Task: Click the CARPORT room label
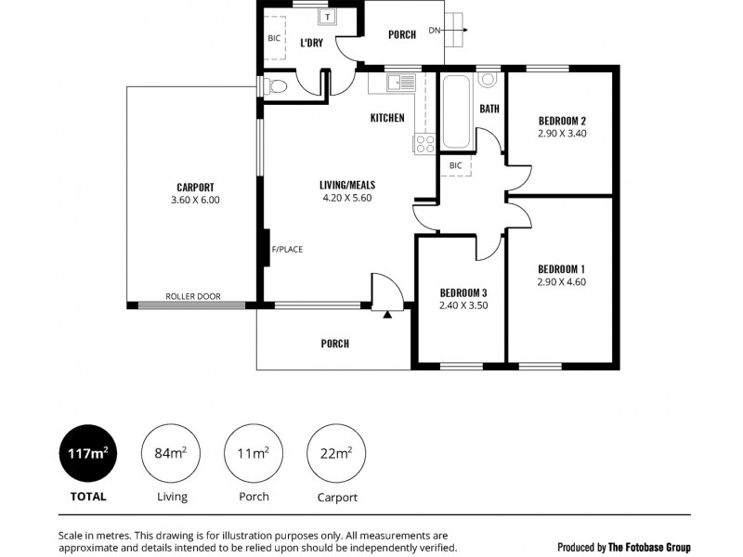tap(195, 186)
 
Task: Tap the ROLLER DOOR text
tap(193, 296)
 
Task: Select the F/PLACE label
tap(287, 249)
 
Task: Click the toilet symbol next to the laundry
tap(275, 86)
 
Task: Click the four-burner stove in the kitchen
tap(424, 144)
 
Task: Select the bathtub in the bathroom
tap(456, 113)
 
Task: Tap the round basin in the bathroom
tap(489, 80)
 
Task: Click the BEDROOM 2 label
tap(562, 121)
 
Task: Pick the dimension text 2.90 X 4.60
tap(562, 282)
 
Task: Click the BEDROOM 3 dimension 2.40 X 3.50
tap(463, 304)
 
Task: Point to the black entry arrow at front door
tap(387, 314)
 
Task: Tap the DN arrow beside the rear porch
tap(450, 31)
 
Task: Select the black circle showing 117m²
tap(88, 453)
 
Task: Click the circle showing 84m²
tap(171, 453)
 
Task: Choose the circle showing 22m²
tap(335, 453)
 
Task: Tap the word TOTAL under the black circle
tap(88, 497)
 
